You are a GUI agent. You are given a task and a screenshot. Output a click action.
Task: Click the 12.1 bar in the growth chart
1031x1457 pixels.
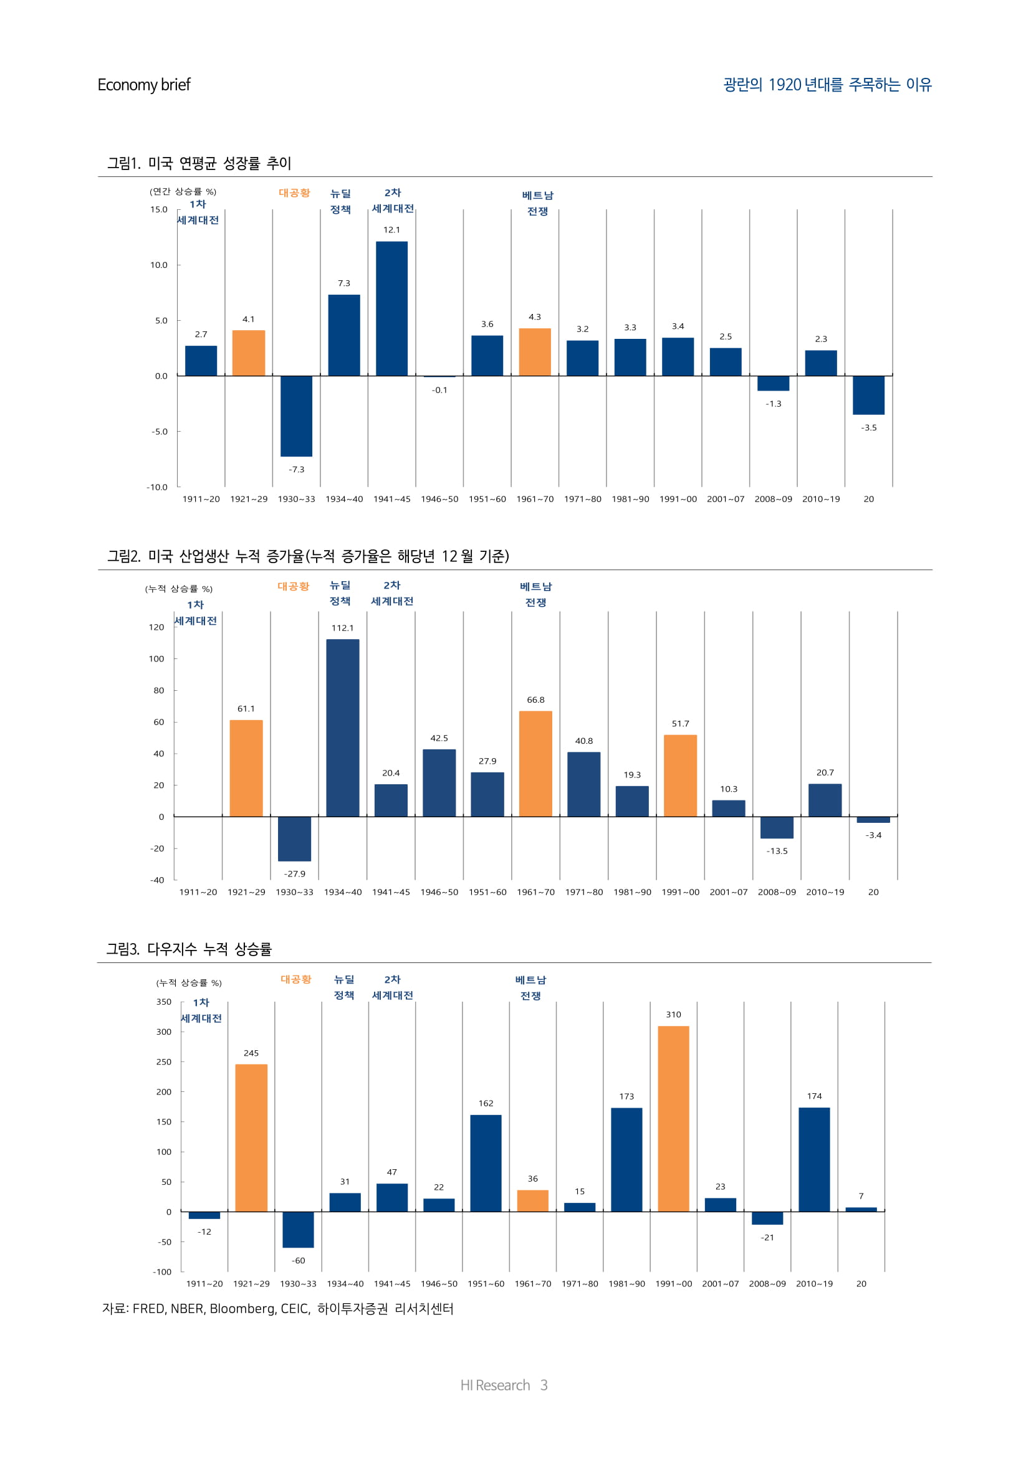(391, 308)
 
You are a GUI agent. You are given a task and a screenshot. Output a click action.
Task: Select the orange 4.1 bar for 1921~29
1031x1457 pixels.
(248, 353)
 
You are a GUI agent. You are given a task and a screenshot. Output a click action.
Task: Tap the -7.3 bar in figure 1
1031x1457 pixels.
(297, 415)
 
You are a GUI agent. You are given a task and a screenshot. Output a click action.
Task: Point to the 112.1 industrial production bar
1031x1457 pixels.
(343, 727)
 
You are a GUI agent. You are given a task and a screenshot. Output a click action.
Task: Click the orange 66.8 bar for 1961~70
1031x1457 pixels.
(535, 764)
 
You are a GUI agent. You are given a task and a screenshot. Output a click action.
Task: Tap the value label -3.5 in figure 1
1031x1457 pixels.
(868, 428)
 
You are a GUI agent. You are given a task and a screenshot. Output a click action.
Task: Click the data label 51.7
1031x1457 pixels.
(680, 723)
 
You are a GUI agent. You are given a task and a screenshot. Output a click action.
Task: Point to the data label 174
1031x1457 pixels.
(814, 1096)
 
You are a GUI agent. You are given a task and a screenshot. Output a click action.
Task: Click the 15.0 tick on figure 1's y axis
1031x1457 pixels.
(159, 209)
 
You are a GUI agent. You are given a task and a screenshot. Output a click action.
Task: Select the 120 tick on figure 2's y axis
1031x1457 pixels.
(156, 627)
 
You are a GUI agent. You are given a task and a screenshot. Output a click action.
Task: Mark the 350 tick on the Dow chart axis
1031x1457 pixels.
(164, 1002)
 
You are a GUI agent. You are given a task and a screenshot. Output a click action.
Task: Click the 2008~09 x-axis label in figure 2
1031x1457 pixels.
(777, 891)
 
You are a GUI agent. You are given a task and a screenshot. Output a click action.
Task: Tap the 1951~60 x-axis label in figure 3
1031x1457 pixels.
(486, 1283)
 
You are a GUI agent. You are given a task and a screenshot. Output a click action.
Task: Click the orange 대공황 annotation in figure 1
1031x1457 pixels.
(295, 193)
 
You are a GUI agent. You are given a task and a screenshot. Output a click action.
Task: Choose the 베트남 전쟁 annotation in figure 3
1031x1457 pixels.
(530, 987)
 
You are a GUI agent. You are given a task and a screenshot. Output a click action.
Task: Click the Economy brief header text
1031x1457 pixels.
(143, 85)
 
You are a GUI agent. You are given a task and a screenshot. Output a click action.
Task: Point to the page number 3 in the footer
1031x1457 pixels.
(544, 1385)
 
